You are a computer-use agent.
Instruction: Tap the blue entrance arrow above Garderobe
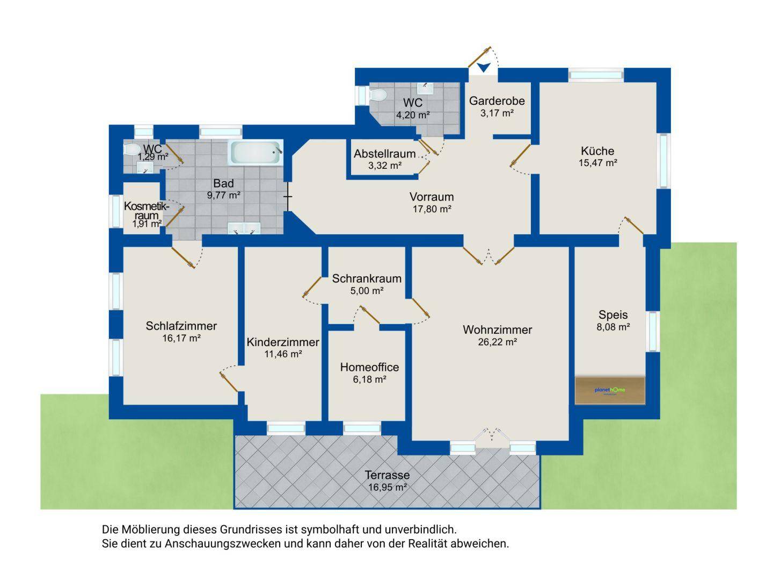click(484, 67)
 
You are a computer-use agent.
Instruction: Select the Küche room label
click(597, 151)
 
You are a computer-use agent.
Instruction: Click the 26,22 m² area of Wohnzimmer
click(497, 342)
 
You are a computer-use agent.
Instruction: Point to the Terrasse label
click(387, 475)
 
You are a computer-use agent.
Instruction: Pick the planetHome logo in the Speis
click(609, 390)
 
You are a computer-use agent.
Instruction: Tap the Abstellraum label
click(384, 154)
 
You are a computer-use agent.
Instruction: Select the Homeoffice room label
click(369, 367)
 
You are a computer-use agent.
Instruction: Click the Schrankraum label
click(367, 278)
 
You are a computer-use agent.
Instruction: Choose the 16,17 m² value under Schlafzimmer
click(181, 338)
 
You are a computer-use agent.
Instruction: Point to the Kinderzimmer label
click(283, 342)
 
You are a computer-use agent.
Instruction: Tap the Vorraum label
click(432, 197)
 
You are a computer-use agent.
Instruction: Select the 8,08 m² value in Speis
click(613, 327)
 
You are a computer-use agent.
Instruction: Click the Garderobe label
click(497, 101)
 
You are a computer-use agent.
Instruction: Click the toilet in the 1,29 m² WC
click(131, 149)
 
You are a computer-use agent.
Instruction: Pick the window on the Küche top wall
click(596, 75)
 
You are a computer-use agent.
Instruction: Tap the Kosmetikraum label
click(145, 211)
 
